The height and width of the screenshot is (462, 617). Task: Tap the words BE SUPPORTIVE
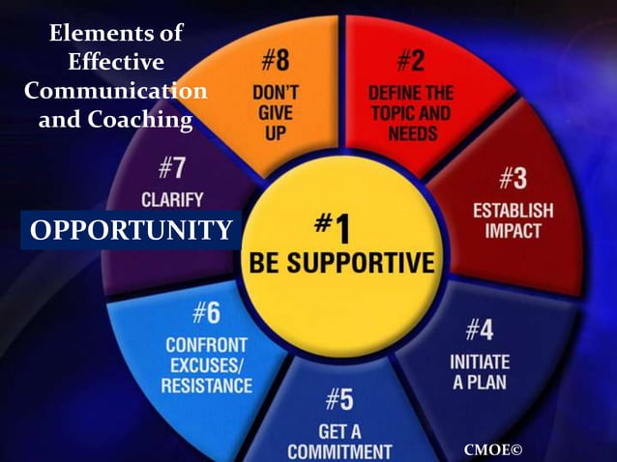click(x=342, y=262)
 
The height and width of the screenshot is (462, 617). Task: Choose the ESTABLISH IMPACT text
click(x=513, y=219)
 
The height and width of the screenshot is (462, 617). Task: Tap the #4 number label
click(x=479, y=331)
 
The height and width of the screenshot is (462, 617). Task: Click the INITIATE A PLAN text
click(x=480, y=372)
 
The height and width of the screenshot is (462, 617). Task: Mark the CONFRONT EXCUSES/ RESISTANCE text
click(x=208, y=364)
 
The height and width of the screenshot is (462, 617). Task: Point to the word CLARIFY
click(x=172, y=200)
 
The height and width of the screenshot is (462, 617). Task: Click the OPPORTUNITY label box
click(x=131, y=230)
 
